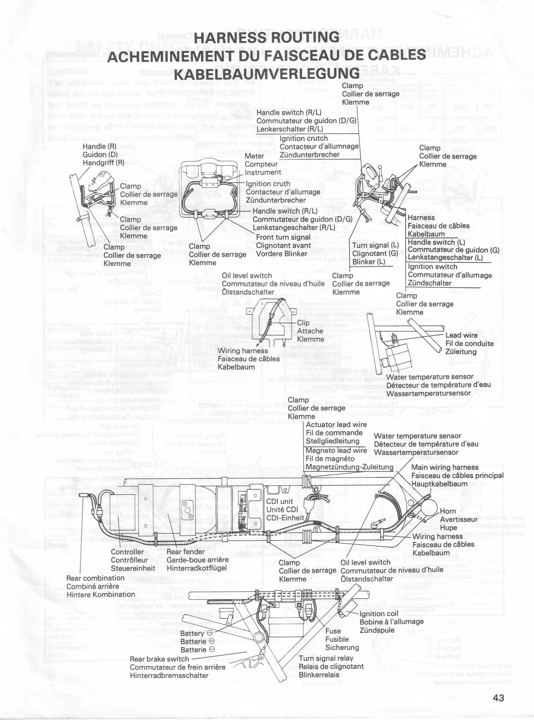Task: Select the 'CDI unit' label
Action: pyautogui.click(x=279, y=501)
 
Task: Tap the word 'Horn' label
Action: pyautogui.click(x=448, y=511)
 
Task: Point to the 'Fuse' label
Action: pyautogui.click(x=333, y=631)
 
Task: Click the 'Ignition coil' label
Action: pyautogui.click(x=379, y=614)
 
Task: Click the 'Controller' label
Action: pyautogui.click(x=127, y=552)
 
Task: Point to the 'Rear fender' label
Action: pyautogui.click(x=185, y=552)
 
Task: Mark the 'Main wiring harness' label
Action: pyautogui.click(x=444, y=467)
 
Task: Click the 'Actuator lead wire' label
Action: pyautogui.click(x=336, y=424)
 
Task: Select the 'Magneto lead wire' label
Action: pyautogui.click(x=336, y=450)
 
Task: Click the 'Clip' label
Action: pyautogui.click(x=303, y=322)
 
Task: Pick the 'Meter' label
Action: pyautogui.click(x=255, y=156)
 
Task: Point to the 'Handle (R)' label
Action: pyautogui.click(x=99, y=146)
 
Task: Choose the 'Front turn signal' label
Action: pyautogui.click(x=283, y=237)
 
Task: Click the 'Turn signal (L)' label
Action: pyautogui.click(x=375, y=245)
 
